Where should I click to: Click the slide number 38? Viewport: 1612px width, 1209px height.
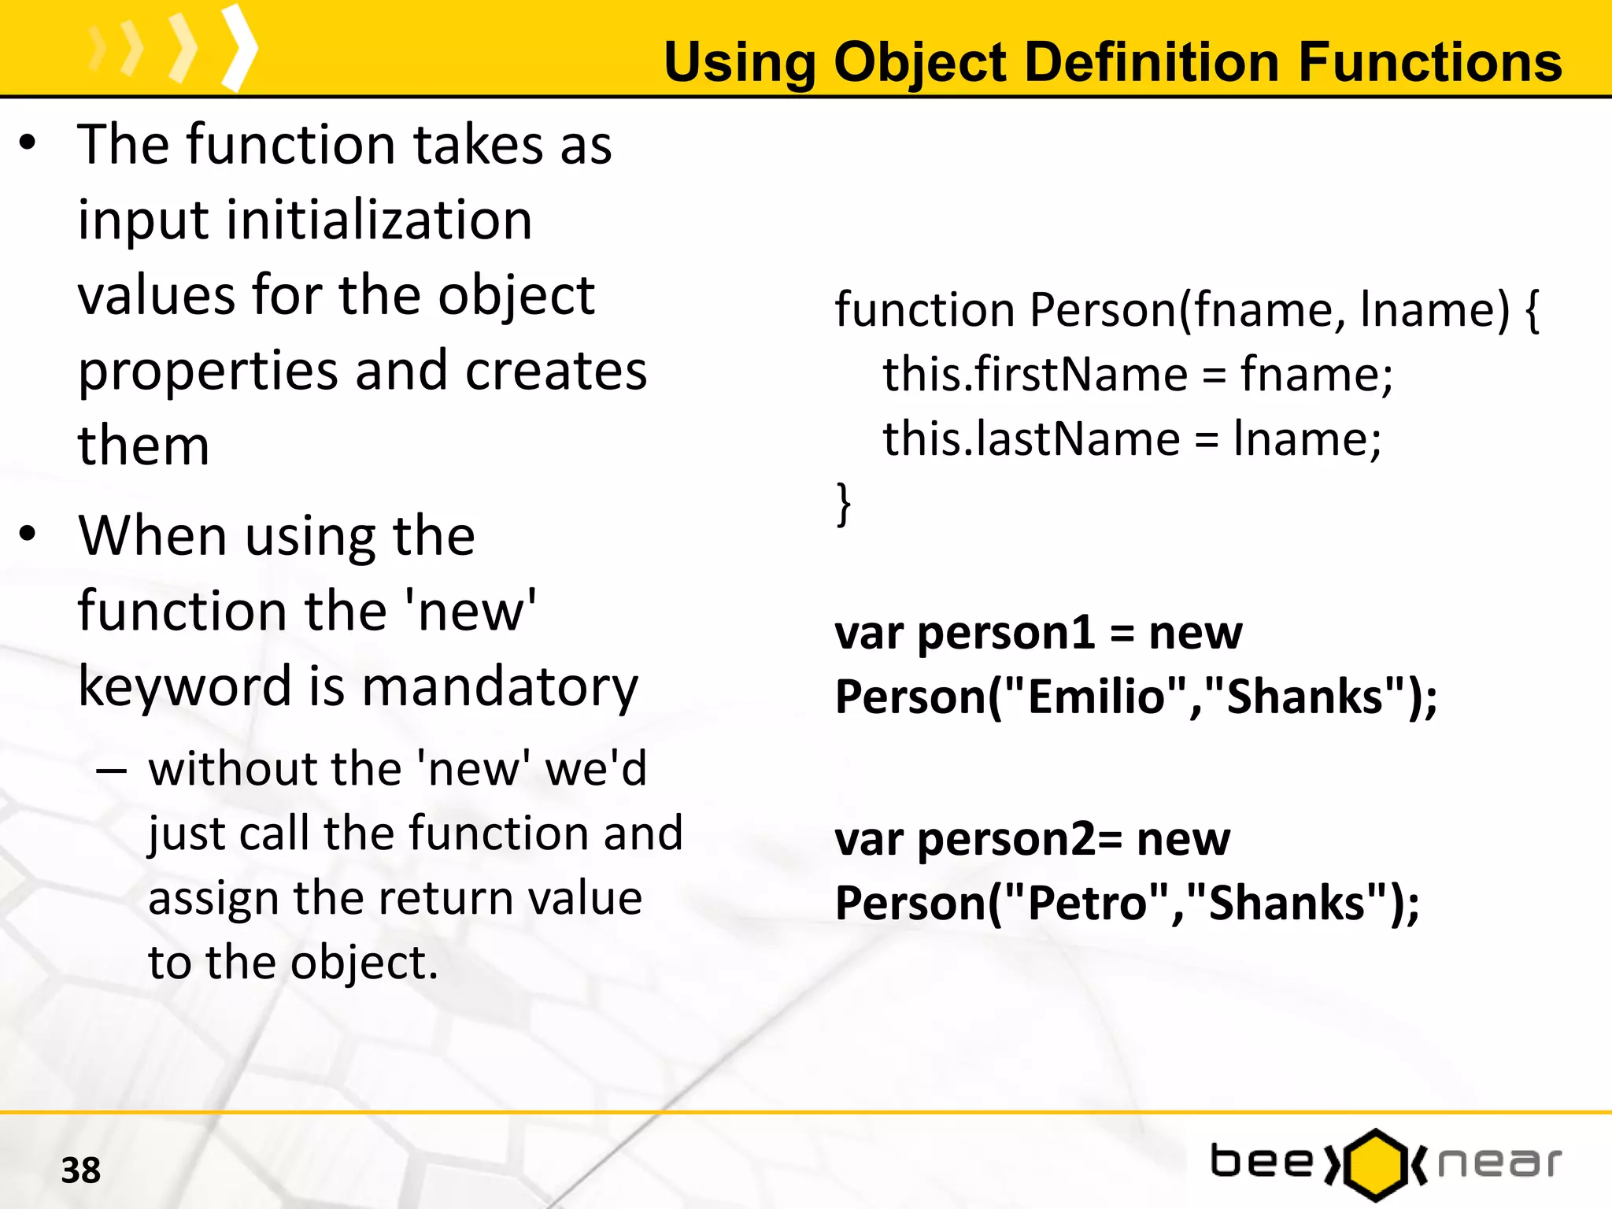tap(81, 1170)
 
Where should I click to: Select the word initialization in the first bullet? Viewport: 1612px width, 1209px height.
tap(379, 220)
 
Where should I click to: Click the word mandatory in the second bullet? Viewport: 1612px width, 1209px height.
tap(500, 687)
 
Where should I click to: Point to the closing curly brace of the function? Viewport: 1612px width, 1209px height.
tap(843, 504)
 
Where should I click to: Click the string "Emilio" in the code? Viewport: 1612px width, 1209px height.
tap(1097, 697)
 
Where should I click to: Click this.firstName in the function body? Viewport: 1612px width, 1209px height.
tap(1034, 375)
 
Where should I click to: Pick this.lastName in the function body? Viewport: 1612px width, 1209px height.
tap(1030, 439)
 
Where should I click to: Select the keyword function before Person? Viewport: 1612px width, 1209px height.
tap(924, 310)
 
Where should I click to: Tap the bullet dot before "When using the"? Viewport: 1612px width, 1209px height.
tap(28, 534)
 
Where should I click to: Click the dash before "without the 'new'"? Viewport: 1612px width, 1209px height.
tap(111, 770)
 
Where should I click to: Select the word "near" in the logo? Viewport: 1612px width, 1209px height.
tap(1499, 1163)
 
